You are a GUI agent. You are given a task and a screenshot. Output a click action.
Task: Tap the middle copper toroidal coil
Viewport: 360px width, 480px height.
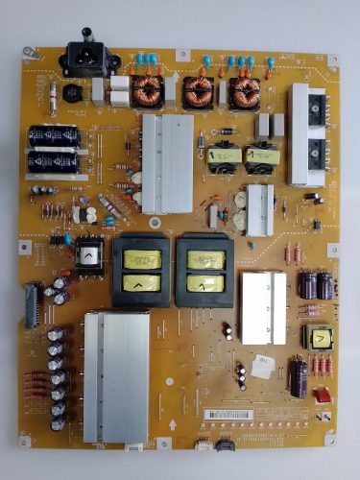coord(199,92)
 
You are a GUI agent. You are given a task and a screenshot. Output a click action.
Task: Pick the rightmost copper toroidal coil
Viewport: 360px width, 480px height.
coord(244,92)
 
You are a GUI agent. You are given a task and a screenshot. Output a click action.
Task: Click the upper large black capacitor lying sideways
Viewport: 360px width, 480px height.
coord(54,137)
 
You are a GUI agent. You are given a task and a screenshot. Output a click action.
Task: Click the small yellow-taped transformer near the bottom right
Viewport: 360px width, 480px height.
coord(314,337)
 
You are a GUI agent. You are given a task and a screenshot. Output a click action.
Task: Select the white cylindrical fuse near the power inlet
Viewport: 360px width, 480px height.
coord(51,95)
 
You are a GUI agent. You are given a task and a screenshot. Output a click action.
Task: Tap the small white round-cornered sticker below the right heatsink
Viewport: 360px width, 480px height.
coord(261,363)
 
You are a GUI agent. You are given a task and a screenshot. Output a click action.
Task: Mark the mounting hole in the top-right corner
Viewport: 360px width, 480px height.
coord(332,60)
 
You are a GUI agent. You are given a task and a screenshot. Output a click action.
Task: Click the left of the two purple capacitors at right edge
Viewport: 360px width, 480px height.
coord(309,286)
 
